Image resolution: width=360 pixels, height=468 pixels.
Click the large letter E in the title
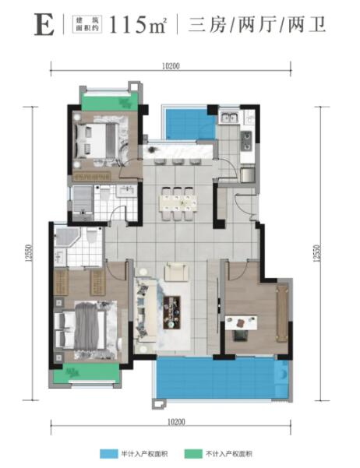[x=44, y=25]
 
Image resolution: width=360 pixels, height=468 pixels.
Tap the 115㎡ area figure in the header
[x=138, y=25]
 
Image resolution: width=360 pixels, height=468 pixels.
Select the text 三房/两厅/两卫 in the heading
[x=257, y=25]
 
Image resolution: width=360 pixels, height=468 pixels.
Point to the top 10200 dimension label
[x=171, y=66]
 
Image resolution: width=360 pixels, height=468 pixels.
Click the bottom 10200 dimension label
[x=176, y=422]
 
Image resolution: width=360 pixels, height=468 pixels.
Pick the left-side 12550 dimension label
[x=28, y=253]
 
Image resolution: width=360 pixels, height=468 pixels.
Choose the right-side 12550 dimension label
[x=316, y=253]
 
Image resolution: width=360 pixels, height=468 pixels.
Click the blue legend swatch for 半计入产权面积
[x=109, y=454]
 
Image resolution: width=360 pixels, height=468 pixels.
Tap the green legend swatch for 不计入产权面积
[x=193, y=454]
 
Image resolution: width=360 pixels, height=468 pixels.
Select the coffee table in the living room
[x=171, y=312]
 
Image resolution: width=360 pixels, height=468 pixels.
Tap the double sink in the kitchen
[x=229, y=118]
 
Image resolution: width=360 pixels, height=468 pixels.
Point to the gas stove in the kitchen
[x=247, y=141]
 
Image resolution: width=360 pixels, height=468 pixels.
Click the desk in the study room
[x=241, y=322]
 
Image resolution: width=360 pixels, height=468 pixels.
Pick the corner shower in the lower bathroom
[x=66, y=237]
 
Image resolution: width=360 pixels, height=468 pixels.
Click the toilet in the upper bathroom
[x=105, y=193]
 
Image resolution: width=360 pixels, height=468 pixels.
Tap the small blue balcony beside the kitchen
[x=189, y=124]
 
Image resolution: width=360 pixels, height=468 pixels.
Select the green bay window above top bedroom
[x=110, y=102]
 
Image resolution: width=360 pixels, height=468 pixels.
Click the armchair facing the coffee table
[x=177, y=272]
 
